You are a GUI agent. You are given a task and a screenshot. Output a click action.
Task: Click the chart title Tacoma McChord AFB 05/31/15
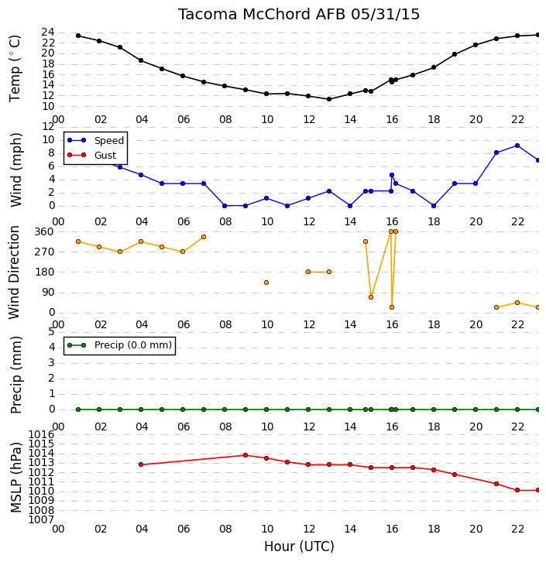pyautogui.click(x=299, y=15)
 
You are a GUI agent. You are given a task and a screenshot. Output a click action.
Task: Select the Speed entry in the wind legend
pyautogui.click(x=96, y=140)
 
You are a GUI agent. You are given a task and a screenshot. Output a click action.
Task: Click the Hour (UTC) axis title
pyautogui.click(x=299, y=547)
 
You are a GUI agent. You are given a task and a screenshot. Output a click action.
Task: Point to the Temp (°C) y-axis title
pyautogui.click(x=15, y=68)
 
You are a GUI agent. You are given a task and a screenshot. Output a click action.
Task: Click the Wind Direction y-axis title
pyautogui.click(x=14, y=272)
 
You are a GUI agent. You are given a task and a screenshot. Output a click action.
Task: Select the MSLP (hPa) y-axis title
pyautogui.click(x=16, y=478)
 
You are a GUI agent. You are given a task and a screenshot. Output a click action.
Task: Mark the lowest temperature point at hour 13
pyautogui.click(x=329, y=99)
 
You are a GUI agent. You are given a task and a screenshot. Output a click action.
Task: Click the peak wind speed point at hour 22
pyautogui.click(x=517, y=146)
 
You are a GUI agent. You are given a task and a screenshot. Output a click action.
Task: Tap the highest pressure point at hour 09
pyautogui.click(x=246, y=455)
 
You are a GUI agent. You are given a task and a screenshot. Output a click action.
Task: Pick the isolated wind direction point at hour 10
pyautogui.click(x=266, y=283)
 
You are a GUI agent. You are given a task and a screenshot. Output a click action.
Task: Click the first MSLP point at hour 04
pyautogui.click(x=141, y=464)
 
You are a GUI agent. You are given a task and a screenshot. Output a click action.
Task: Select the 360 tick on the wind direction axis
pyautogui.click(x=43, y=231)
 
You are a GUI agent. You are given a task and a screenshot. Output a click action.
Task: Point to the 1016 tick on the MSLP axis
pyautogui.click(x=41, y=435)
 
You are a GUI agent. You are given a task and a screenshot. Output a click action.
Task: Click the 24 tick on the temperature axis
pyautogui.click(x=48, y=33)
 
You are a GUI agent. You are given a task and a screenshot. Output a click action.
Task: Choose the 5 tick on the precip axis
pyautogui.click(x=51, y=332)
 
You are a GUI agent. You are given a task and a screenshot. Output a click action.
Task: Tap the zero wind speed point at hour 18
pyautogui.click(x=434, y=206)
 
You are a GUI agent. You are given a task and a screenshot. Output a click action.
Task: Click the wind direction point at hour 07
pyautogui.click(x=204, y=237)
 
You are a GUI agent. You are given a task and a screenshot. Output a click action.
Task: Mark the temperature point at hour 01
pyautogui.click(x=78, y=36)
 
